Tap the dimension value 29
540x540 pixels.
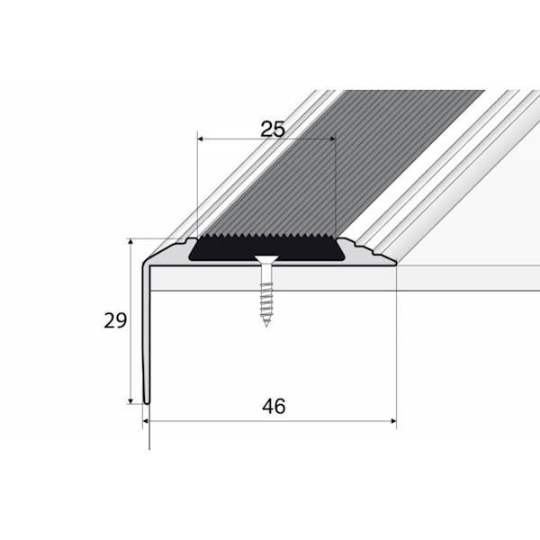113,320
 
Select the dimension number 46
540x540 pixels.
274,407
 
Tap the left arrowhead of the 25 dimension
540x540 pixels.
201,139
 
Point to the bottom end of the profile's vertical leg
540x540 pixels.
146,402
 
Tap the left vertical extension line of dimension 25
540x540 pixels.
196,189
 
